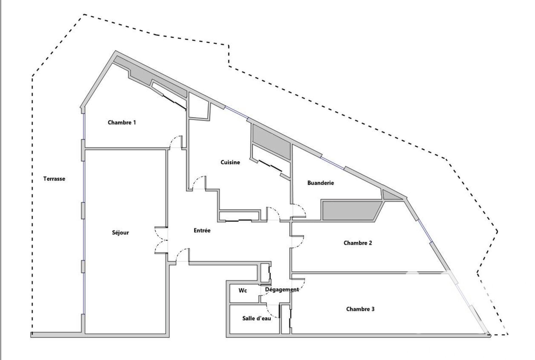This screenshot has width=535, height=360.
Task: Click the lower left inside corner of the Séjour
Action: coord(85,333)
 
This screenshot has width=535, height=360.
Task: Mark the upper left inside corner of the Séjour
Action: coord(85,150)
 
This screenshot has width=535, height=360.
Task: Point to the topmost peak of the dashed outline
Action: coord(84,14)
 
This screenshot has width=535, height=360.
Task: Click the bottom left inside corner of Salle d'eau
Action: coord(230,333)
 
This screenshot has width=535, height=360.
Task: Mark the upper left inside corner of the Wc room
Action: coord(230,284)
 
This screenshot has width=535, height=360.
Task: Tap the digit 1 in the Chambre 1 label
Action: coord(134,122)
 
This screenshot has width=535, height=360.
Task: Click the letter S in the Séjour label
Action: coord(114,232)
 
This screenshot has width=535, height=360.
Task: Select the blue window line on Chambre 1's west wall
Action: coord(84,126)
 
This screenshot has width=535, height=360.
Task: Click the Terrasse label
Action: coord(54,179)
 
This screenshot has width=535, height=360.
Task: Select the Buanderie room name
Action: coord(321,183)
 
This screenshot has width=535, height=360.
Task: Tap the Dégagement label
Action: coord(282,290)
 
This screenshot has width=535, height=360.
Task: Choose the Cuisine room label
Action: coord(230,162)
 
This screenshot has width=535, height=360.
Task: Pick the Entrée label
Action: coord(202,231)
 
